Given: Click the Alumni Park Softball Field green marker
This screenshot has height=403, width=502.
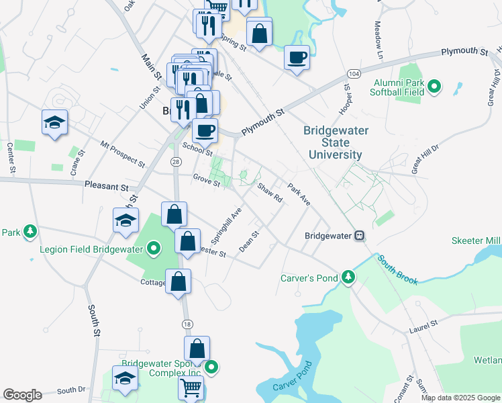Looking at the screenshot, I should pyautogui.click(x=434, y=86).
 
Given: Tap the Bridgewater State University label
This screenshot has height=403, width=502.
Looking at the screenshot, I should pyautogui.click(x=336, y=142).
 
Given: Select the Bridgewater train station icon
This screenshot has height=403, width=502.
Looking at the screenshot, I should pyautogui.click(x=360, y=236).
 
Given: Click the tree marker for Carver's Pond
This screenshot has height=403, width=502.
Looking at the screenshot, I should pyautogui.click(x=347, y=276).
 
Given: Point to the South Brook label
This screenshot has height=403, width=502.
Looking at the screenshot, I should pyautogui.click(x=397, y=269).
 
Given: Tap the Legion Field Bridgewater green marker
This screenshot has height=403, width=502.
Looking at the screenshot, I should pyautogui.click(x=153, y=250).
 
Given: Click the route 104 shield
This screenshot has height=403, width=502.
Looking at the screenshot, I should pyautogui.click(x=354, y=73).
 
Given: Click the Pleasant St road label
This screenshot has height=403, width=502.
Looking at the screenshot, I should pyautogui.click(x=106, y=184).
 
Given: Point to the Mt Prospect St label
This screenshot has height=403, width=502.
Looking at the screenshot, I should pyautogui.click(x=123, y=154).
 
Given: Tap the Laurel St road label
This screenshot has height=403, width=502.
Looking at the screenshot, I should pyautogui.click(x=423, y=327).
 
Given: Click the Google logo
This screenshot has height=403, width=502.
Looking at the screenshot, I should pyautogui.click(x=22, y=395).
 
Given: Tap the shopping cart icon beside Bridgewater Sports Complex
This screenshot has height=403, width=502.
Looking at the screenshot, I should pyautogui.click(x=191, y=388).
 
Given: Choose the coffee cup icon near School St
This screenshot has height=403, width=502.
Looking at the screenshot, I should pyautogui.click(x=205, y=130).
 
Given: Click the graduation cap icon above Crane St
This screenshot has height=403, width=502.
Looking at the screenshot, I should pyautogui.click(x=54, y=122).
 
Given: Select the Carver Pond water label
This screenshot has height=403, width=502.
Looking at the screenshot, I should pyautogui.click(x=293, y=379).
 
